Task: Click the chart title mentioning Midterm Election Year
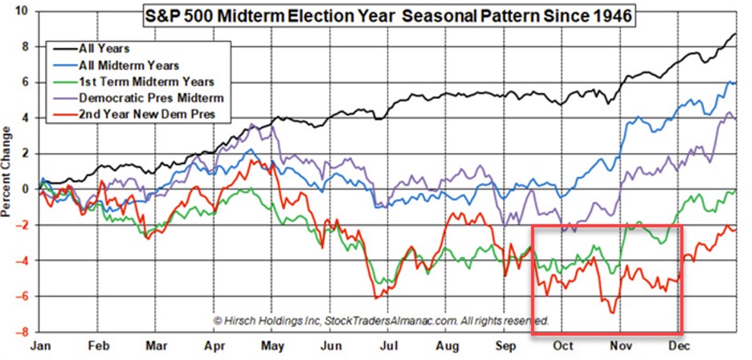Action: (x=388, y=14)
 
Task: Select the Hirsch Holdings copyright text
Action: (x=381, y=320)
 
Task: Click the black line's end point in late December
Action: (x=736, y=35)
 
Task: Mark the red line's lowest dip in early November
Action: (x=615, y=312)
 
